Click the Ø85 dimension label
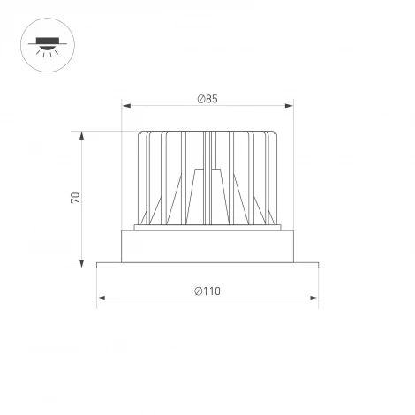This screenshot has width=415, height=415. [207, 99]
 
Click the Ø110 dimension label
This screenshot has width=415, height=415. [207, 290]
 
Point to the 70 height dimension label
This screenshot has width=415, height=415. [76, 198]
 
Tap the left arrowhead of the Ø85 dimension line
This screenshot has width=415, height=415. [126, 107]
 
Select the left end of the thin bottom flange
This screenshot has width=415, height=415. [100, 263]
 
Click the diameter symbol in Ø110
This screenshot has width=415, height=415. [197, 290]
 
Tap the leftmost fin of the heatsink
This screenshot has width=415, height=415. [141, 177]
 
